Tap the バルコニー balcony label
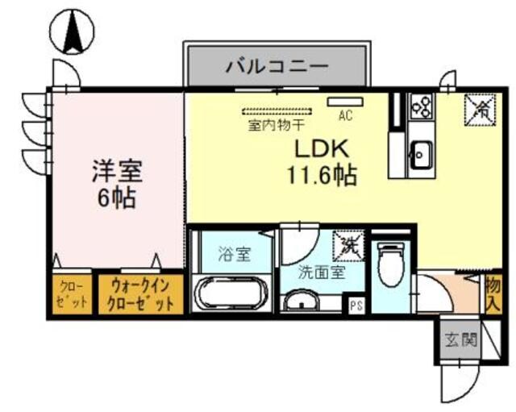click(277, 65)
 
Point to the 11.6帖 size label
click(320, 174)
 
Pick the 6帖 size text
click(118, 197)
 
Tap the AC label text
click(345, 115)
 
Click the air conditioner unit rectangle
click(345, 102)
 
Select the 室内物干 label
click(276, 125)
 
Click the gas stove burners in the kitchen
click(422, 106)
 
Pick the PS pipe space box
click(355, 305)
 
